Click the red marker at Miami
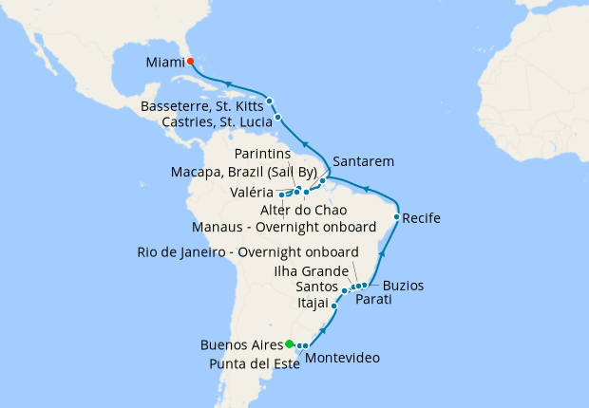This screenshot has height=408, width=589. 190,62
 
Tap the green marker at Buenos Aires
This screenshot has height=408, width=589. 289,343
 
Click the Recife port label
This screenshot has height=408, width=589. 421,218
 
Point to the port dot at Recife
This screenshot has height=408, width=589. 396,217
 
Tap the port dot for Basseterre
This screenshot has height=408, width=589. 270,101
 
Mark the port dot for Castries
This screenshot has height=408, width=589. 277,118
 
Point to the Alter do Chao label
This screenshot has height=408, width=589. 295,210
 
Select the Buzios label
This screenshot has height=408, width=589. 404,285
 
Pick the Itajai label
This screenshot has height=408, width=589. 313,306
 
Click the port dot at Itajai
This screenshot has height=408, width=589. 334,306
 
